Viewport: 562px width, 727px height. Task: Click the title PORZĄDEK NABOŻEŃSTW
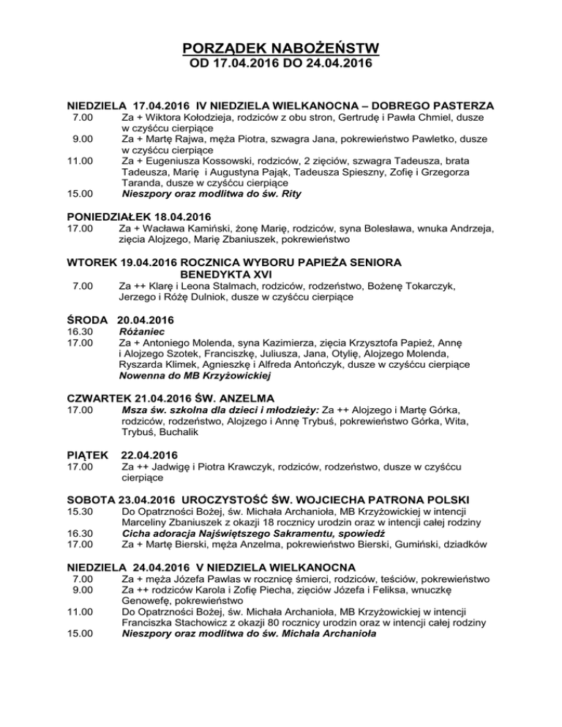tap(281, 49)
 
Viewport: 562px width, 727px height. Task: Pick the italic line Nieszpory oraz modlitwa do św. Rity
tap(211, 195)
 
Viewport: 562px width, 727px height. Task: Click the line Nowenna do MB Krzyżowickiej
tap(195, 376)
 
